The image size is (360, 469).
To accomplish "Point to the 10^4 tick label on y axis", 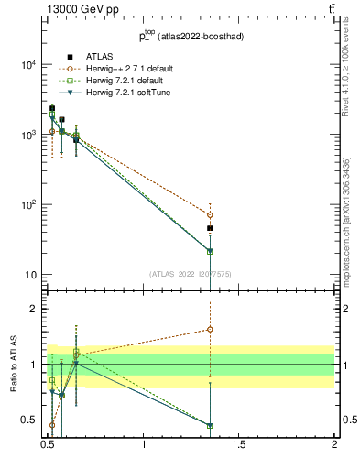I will (27, 65).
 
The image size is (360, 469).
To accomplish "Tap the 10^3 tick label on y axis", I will (27, 135).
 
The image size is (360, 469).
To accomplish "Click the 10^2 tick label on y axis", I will (27, 204).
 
